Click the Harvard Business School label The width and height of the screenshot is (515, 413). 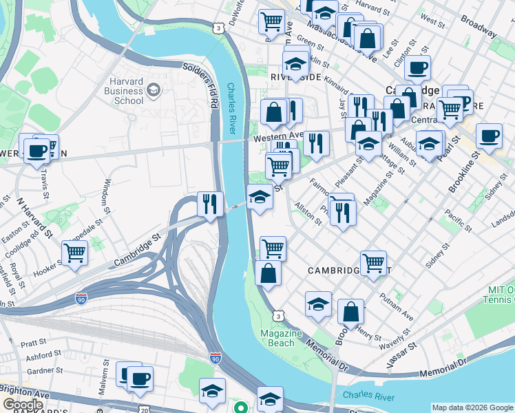[x=125, y=90]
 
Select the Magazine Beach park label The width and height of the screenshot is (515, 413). [x=281, y=338]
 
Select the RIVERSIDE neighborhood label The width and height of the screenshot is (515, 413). [x=296, y=77]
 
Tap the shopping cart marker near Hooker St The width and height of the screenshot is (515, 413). [x=74, y=253]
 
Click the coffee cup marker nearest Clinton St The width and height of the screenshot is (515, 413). [x=417, y=69]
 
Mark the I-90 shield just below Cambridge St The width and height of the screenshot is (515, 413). [x=81, y=298]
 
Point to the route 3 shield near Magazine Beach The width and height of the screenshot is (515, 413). [x=277, y=315]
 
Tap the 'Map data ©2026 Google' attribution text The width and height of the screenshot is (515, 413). [x=472, y=407]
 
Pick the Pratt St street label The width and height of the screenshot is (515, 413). [x=32, y=341]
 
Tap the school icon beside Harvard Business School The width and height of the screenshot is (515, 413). [x=153, y=89]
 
